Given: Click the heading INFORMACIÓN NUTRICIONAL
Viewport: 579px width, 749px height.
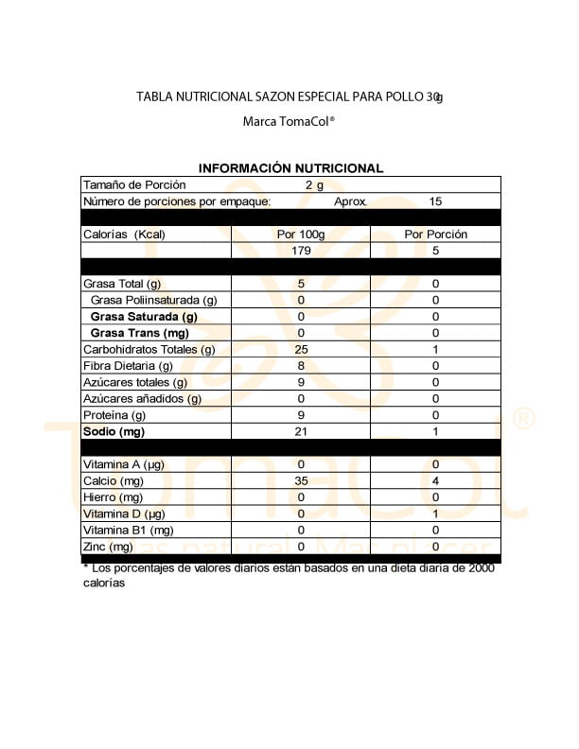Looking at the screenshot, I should [x=290, y=168].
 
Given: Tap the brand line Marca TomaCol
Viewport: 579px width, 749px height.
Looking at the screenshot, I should [x=289, y=121].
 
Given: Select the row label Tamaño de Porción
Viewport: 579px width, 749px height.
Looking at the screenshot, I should [x=134, y=185].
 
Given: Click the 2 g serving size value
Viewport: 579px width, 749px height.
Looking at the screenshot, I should [x=314, y=185].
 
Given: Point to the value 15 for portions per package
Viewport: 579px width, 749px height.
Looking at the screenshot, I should [x=435, y=201].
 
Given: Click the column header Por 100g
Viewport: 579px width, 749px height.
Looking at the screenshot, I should [x=301, y=235].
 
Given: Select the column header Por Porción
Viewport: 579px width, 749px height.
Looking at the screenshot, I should [x=435, y=235].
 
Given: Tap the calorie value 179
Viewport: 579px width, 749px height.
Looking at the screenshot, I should [x=301, y=251].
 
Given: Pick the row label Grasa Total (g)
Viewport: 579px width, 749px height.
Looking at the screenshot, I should [x=122, y=284].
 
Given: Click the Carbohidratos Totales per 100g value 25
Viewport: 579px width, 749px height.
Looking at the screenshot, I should [x=301, y=349].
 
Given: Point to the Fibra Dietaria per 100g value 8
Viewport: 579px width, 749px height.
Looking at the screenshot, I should [x=301, y=366].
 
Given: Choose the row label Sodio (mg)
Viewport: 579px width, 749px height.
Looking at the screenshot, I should [x=113, y=431].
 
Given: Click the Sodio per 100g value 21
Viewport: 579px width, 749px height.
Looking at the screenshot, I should [x=301, y=431].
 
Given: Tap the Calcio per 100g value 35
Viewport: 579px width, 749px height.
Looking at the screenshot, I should [x=301, y=481].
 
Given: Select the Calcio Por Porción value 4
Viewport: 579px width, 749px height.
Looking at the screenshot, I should [x=435, y=481].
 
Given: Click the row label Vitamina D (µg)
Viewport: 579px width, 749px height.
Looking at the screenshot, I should [x=125, y=514].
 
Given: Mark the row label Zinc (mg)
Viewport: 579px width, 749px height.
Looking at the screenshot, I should [x=109, y=547].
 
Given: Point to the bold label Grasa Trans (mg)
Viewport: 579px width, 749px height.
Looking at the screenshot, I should [x=139, y=333].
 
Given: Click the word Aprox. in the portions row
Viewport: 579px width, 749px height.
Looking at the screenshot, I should [x=351, y=201].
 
